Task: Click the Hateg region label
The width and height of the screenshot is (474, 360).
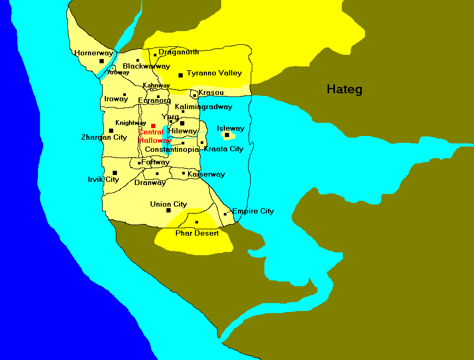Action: [344, 89]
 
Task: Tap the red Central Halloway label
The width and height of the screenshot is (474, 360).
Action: [154, 137]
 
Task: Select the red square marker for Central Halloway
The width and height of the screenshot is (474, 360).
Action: [153, 125]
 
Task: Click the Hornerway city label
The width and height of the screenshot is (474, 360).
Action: [94, 53]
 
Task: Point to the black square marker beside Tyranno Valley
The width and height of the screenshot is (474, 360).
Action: [181, 75]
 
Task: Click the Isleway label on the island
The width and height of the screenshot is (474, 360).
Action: [231, 128]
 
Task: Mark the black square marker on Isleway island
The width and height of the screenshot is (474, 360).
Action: [227, 135]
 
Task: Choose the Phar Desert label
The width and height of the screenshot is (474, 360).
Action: [197, 232]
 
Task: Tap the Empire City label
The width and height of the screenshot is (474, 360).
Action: [253, 211]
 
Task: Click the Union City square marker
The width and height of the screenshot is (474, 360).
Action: [169, 210]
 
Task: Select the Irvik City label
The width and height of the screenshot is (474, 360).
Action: [103, 179]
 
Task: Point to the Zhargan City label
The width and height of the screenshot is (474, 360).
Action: [104, 137]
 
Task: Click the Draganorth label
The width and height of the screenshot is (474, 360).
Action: [179, 52]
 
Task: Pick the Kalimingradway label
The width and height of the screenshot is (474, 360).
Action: [203, 106]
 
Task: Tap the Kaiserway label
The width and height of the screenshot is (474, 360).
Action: [206, 174]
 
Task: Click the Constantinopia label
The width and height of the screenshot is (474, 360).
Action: [172, 149]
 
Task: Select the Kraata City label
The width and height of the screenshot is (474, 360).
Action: [223, 149]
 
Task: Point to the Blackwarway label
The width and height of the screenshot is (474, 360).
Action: [146, 66]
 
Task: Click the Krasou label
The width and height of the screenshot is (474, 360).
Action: [211, 92]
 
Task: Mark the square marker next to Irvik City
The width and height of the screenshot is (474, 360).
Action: [115, 172]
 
